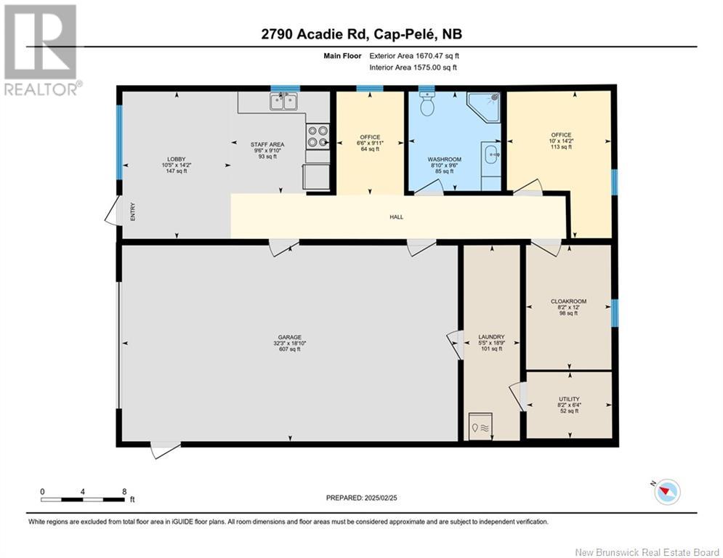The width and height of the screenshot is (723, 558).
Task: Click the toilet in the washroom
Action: tap(427, 103)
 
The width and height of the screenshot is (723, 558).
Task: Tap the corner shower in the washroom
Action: tap(483, 107)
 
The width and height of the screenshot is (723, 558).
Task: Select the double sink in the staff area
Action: tap(284, 102)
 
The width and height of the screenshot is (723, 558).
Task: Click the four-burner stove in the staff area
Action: tap(318, 137)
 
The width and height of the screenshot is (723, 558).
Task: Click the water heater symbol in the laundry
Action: tap(480, 427)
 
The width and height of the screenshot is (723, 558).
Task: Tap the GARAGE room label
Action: tap(290, 337)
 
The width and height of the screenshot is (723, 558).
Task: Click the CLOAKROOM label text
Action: tap(568, 301)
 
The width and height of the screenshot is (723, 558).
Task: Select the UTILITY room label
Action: tap(569, 399)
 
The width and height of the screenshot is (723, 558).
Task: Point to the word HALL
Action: tap(397, 217)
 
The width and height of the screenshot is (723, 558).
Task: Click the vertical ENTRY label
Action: tap(133, 211)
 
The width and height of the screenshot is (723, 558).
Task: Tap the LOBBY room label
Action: tap(177, 159)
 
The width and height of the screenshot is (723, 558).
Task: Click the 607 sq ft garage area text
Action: tap(290, 349)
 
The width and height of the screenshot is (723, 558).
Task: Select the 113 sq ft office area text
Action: tap(561, 147)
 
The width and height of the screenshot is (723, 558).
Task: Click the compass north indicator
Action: tap(664, 491)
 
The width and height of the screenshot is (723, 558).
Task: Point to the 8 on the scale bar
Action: tap(124, 492)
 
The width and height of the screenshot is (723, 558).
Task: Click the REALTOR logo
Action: tap(42, 50)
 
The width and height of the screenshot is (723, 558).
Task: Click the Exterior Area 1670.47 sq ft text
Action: tap(414, 56)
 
